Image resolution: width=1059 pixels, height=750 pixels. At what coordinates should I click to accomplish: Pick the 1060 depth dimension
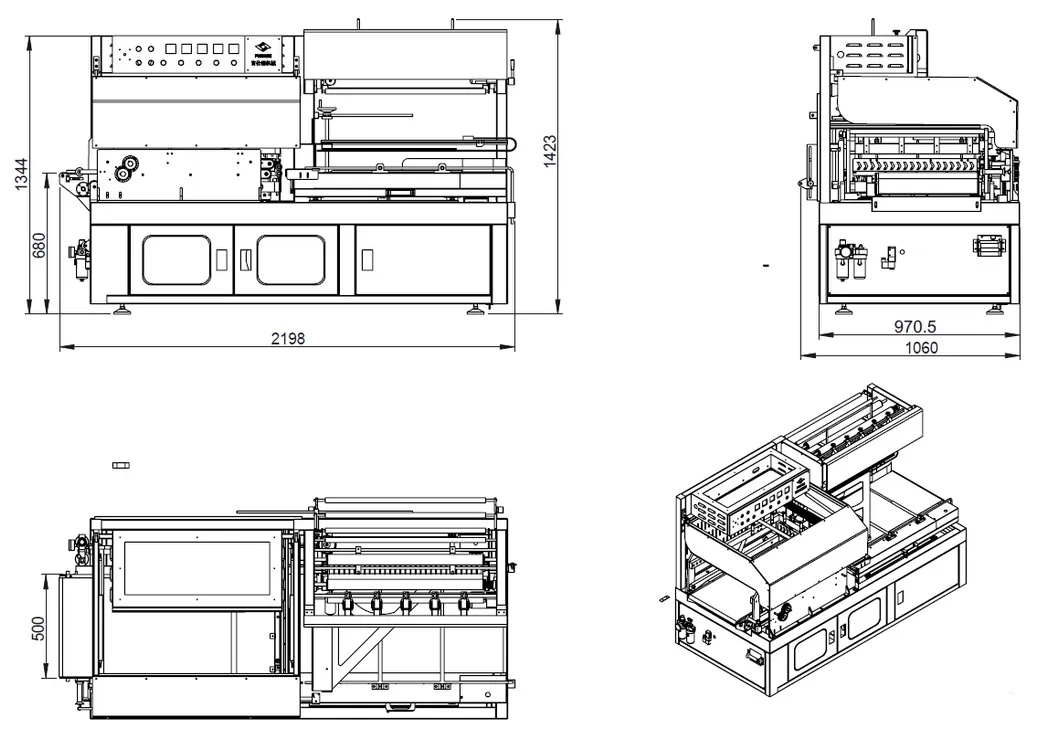pyautogui.click(x=920, y=348)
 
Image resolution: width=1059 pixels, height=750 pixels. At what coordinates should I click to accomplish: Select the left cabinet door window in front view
pyautogui.click(x=176, y=260)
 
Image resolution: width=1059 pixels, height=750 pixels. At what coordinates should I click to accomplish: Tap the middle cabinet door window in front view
pyautogui.click(x=290, y=260)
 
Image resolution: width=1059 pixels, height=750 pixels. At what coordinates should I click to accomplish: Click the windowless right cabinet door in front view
pyautogui.click(x=423, y=260)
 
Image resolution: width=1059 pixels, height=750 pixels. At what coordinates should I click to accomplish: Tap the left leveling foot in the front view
pyautogui.click(x=125, y=308)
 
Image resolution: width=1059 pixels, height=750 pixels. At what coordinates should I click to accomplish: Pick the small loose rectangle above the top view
pyautogui.click(x=122, y=465)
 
